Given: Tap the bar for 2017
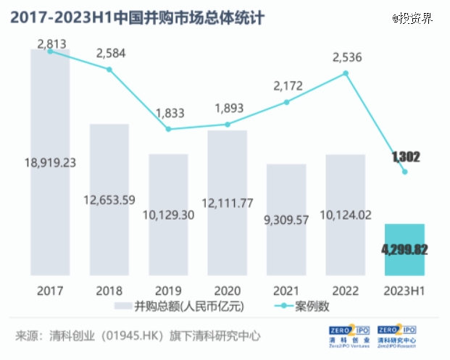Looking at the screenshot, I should [50, 163].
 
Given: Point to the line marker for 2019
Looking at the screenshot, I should [168, 129].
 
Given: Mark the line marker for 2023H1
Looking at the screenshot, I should [405, 172].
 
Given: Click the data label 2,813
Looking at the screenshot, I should [50, 44].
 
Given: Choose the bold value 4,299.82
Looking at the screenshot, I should [404, 250].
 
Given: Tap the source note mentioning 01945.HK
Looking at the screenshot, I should [138, 337].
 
